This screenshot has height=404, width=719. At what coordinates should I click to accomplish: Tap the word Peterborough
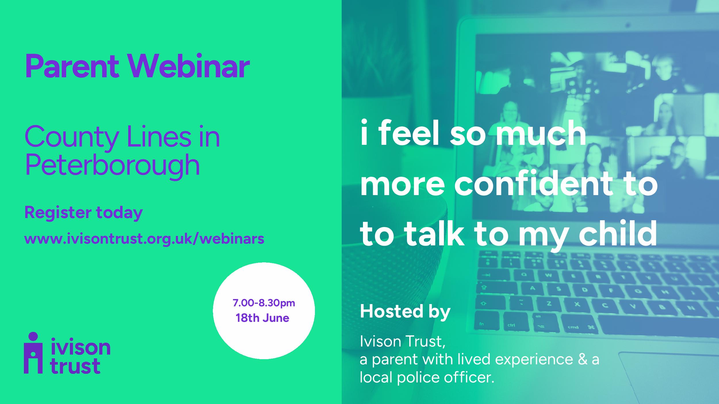tap(112, 166)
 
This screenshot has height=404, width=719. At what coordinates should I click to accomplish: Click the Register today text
tap(84, 213)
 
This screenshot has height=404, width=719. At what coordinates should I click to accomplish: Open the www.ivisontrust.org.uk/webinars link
tap(144, 238)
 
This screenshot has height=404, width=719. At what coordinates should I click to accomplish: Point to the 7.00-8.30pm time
tap(264, 303)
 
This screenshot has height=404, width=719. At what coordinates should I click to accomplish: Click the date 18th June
tap(262, 318)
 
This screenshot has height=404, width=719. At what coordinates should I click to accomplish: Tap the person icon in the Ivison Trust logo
tap(33, 353)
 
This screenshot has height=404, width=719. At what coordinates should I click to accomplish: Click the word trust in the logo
tap(75, 366)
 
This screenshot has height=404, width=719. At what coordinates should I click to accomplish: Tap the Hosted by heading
tap(405, 312)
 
